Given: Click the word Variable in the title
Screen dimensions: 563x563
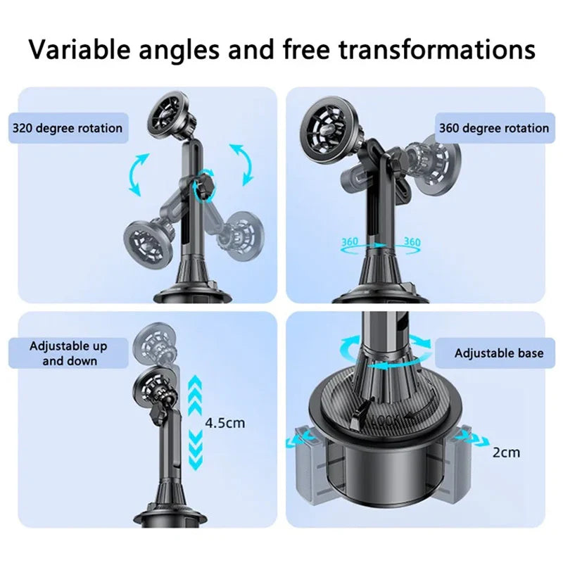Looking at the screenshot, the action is [x=79, y=49].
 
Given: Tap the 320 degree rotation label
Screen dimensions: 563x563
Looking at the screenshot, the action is [x=68, y=128].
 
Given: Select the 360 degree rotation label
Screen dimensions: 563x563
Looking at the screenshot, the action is [x=495, y=128].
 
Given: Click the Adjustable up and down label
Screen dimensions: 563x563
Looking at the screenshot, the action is [x=68, y=353].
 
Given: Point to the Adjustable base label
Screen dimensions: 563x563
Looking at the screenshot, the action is [x=499, y=353].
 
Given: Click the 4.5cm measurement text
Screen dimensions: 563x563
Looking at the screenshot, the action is [x=225, y=423].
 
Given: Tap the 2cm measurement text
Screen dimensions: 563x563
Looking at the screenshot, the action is [x=506, y=453].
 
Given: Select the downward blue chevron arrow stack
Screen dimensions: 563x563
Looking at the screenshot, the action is [x=195, y=450].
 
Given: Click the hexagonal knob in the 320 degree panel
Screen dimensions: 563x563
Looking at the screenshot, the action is [x=204, y=186].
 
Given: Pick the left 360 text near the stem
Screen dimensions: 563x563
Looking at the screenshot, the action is [x=349, y=241].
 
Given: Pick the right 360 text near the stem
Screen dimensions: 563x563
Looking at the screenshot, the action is [x=412, y=241].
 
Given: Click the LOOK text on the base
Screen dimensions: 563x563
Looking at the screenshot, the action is [x=386, y=420].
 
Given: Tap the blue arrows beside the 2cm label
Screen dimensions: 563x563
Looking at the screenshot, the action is [x=472, y=438].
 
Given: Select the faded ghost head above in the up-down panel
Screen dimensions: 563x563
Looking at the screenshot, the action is [x=154, y=343].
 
